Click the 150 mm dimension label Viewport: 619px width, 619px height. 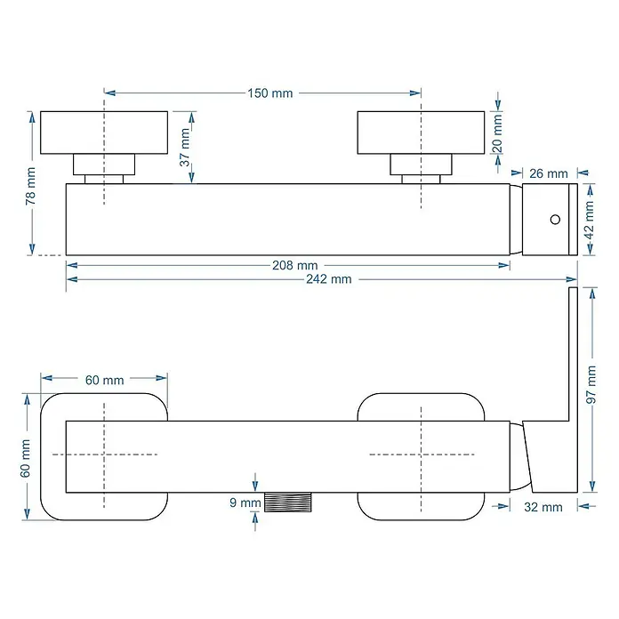(270, 93)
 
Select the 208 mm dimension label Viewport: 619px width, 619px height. (295, 265)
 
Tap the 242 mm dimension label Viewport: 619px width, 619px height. (329, 279)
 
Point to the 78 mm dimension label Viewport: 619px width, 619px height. (30, 186)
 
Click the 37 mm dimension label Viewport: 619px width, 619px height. (185, 148)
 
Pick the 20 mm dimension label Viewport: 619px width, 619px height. (497, 133)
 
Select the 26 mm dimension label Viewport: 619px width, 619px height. (549, 173)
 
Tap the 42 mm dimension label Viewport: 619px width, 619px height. (589, 221)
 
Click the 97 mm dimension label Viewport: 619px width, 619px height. (591, 384)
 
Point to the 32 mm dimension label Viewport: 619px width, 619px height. (543, 507)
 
